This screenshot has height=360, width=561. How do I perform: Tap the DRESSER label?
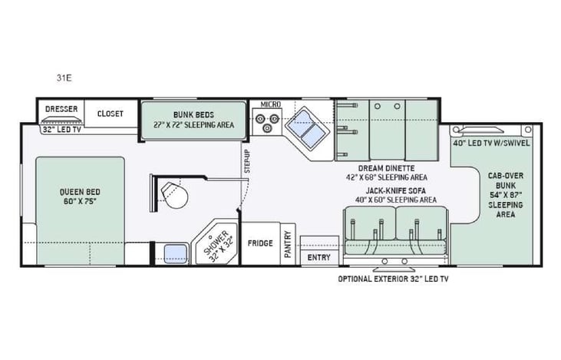pos(61,109)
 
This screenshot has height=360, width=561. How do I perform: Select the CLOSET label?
pos(110,114)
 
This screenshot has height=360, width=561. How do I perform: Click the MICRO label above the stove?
pos(269,104)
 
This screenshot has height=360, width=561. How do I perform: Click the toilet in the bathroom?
pos(176,195)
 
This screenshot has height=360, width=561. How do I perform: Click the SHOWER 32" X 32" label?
pos(216,245)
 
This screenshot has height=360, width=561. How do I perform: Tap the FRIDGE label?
pos(260,243)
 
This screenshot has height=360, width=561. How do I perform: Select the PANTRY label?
pos(288,244)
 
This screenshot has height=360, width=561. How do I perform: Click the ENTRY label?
pos(318,258)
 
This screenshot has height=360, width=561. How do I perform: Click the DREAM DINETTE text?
pos(386,167)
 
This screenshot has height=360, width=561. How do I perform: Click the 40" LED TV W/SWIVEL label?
pos(491,143)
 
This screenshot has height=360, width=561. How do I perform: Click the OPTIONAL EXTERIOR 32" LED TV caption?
pos(393,279)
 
